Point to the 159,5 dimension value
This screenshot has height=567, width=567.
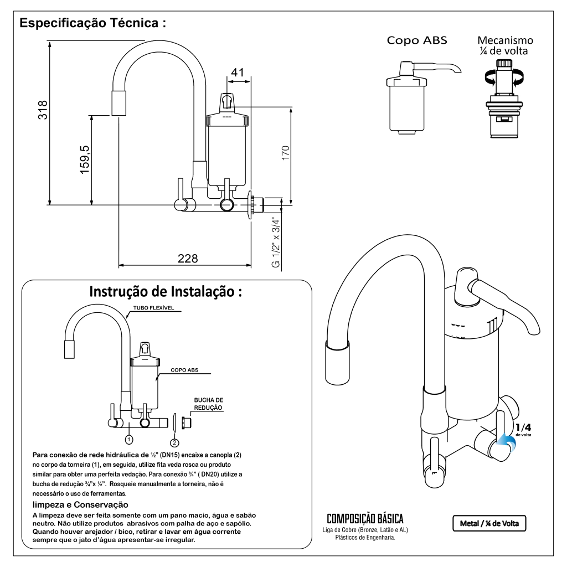point(85,159)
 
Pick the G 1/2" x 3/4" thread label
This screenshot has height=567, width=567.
point(276,241)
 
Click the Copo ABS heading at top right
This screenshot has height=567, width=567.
point(416,40)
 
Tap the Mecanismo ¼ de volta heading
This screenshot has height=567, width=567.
point(505,45)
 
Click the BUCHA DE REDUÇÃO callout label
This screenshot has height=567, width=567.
point(208,403)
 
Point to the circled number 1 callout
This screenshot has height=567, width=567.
point(129,440)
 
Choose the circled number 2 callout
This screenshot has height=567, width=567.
point(174,442)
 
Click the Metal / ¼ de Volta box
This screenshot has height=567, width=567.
point(489,523)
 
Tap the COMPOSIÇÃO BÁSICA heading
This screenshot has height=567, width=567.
point(365,519)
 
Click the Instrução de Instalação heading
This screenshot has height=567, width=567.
point(166,292)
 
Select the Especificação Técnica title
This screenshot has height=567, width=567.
point(93,24)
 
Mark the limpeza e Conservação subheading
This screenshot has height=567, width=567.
point(81,504)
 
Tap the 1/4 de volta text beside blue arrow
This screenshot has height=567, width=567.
point(523,429)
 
